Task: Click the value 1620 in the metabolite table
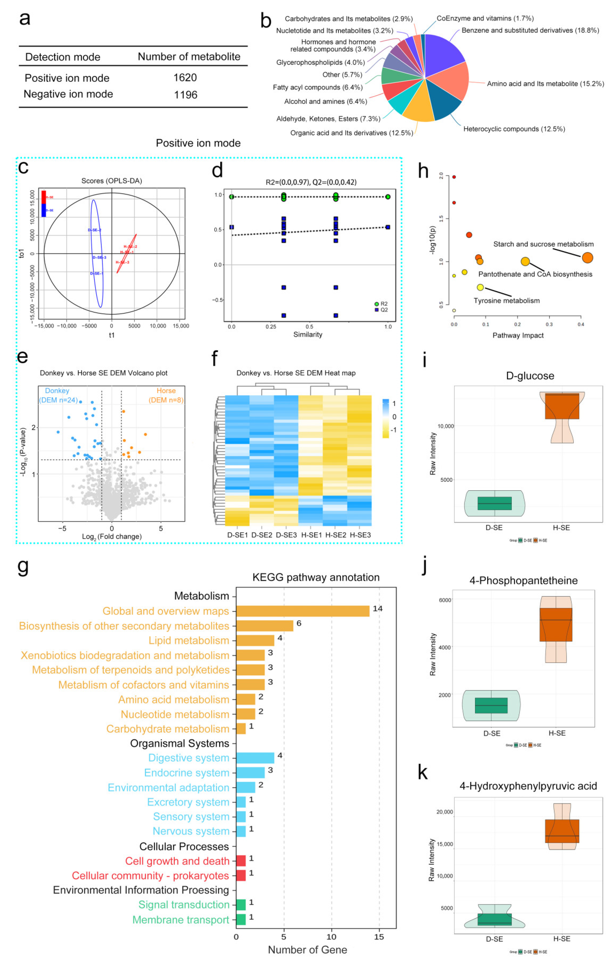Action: tap(185, 77)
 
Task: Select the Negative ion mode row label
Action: tap(68, 94)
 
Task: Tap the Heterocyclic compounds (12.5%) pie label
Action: tap(514, 129)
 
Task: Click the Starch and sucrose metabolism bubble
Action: tap(587, 258)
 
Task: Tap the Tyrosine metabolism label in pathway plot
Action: tap(506, 301)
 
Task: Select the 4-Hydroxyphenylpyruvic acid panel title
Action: tap(528, 786)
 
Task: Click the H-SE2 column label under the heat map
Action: tap(335, 535)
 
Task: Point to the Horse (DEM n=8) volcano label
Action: tap(166, 395)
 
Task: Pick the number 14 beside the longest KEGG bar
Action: tap(377, 608)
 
